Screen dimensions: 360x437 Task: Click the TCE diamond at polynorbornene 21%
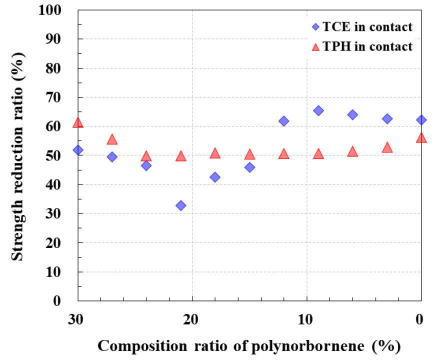pyautogui.click(x=181, y=205)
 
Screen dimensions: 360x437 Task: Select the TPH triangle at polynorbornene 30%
pyautogui.click(x=78, y=122)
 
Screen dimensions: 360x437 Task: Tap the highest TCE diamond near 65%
pyautogui.click(x=318, y=110)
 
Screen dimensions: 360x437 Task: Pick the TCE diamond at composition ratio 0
pyautogui.click(x=421, y=120)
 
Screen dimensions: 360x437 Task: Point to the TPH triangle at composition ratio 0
pyautogui.click(x=421, y=137)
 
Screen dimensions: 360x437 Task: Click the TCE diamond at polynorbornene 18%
pyautogui.click(x=215, y=177)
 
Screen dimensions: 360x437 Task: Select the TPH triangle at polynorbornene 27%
pyautogui.click(x=112, y=139)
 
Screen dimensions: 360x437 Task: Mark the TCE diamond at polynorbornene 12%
pyautogui.click(x=284, y=121)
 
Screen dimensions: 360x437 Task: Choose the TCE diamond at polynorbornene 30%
pyautogui.click(x=78, y=150)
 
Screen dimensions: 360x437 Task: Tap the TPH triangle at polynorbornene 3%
pyautogui.click(x=387, y=147)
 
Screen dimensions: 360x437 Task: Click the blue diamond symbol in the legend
pyautogui.click(x=315, y=27)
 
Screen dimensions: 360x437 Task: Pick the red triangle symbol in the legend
pyautogui.click(x=315, y=46)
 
